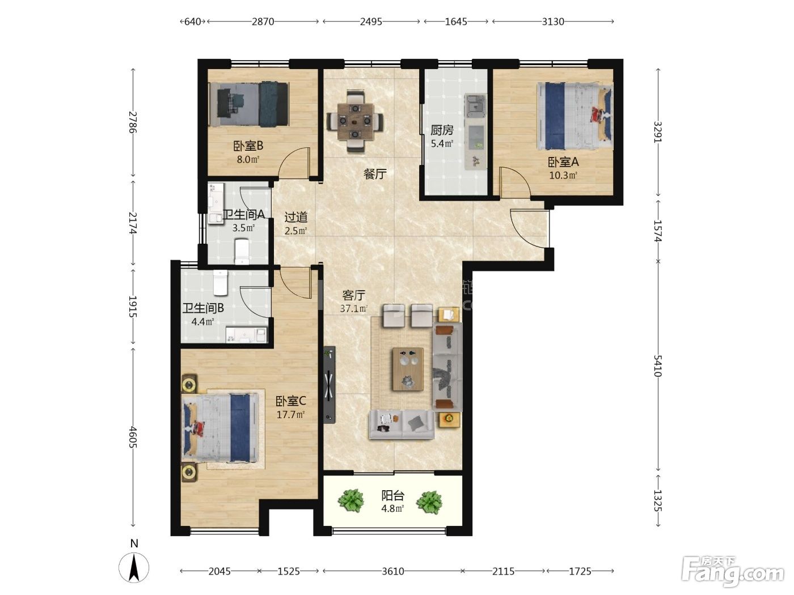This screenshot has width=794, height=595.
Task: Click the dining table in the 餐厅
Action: [x=355, y=121]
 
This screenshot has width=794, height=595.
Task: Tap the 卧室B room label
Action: [x=248, y=146]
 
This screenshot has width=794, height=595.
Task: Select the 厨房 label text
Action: [x=442, y=130]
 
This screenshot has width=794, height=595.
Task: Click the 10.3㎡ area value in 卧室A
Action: [x=563, y=176]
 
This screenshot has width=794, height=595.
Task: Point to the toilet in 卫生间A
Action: [x=241, y=251]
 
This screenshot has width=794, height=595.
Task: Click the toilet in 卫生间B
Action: [x=220, y=283]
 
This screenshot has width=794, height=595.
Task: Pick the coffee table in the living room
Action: [x=408, y=369]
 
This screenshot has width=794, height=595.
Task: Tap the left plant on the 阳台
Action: [x=350, y=501]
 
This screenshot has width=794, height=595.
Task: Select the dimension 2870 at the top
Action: [x=263, y=22]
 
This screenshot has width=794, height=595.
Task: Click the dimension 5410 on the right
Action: [x=658, y=365]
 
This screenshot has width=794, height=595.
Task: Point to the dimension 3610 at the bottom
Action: [x=393, y=571]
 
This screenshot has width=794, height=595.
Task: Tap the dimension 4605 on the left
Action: [x=133, y=437]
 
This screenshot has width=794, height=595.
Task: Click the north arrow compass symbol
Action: [x=134, y=567]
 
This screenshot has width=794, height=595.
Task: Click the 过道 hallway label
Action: [x=296, y=217]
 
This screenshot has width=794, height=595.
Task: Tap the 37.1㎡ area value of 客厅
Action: [x=353, y=308]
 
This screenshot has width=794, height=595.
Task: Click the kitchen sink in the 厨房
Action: [x=475, y=106]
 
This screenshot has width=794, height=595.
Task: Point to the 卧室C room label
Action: [x=291, y=401]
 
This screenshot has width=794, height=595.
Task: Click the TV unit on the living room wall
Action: [x=329, y=385]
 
